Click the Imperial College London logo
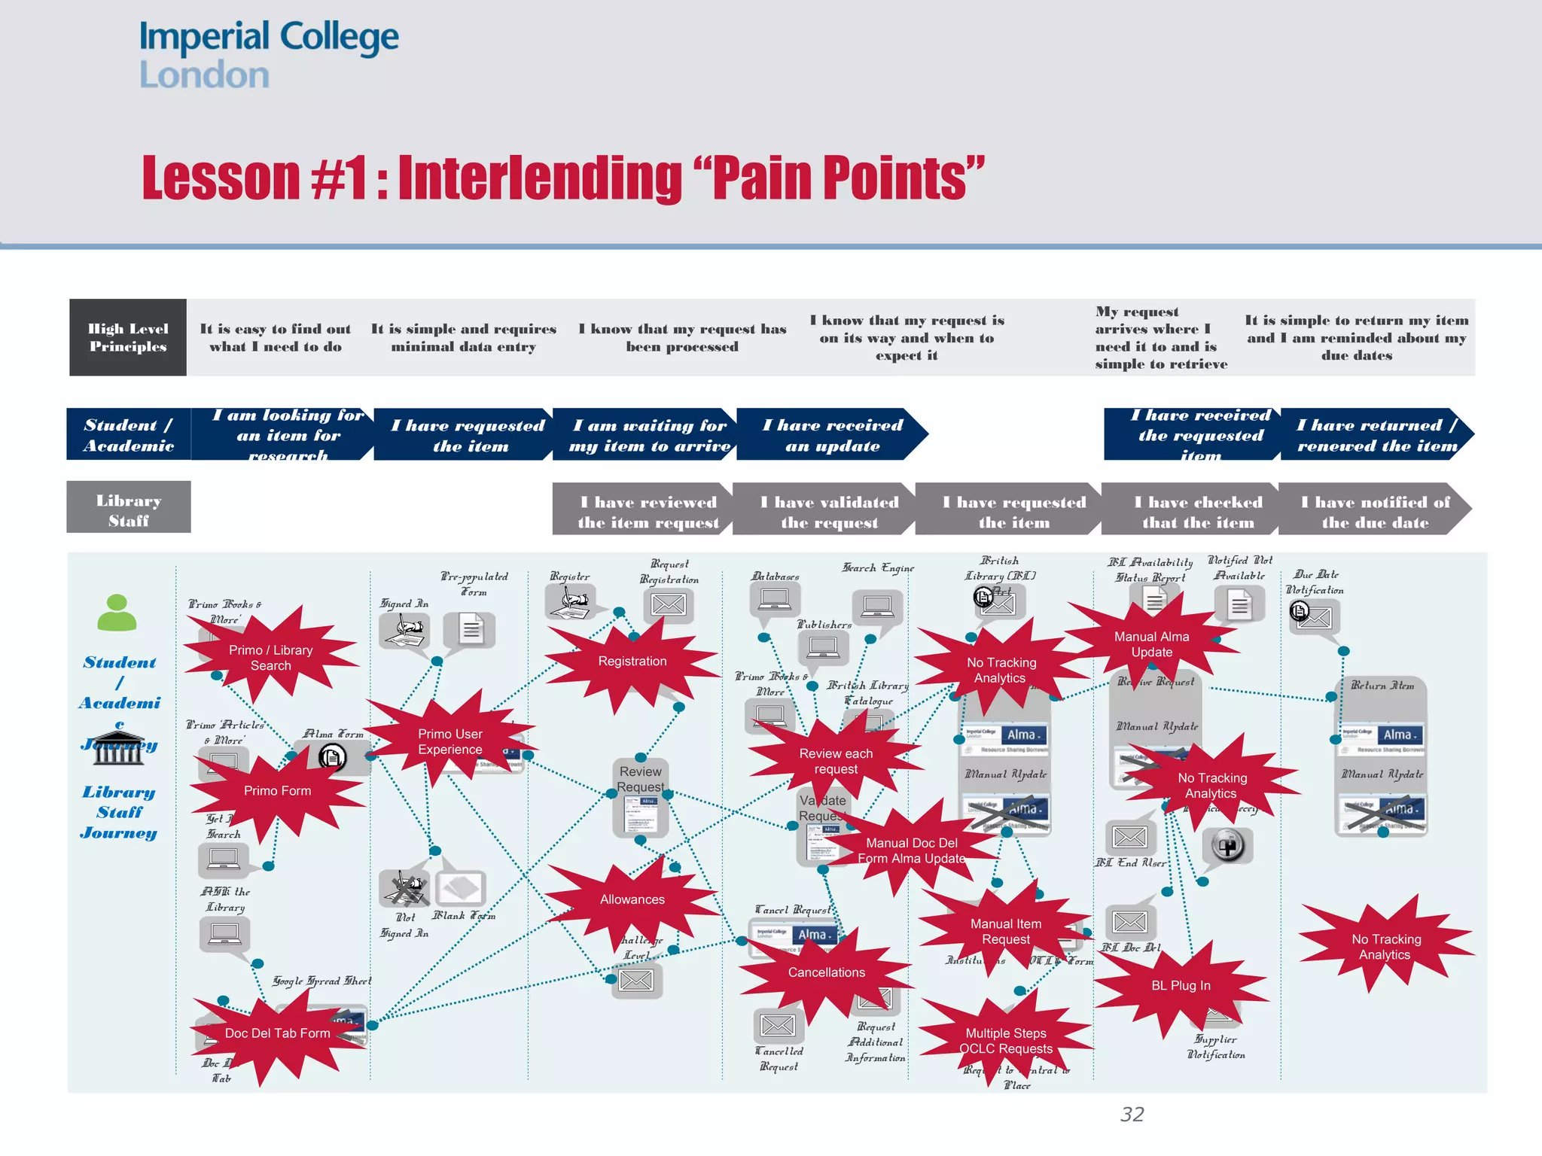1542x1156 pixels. point(268,54)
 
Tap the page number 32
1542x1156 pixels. point(1132,1114)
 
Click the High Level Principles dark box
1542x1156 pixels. point(128,338)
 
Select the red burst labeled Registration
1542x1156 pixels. point(632,662)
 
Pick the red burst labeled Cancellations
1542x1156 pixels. point(826,972)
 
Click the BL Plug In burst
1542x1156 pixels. point(1181,986)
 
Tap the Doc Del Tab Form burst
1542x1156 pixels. point(277,1033)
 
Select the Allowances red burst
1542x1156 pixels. point(632,899)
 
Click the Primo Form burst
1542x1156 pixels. point(277,791)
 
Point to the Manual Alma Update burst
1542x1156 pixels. point(1151,644)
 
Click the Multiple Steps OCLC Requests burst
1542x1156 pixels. point(1005,1041)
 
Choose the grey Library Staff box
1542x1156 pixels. point(129,510)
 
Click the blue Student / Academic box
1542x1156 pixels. point(129,435)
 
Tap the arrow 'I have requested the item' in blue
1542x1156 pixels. point(467,435)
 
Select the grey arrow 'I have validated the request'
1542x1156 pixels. point(828,512)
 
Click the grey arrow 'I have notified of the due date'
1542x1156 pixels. point(1374,512)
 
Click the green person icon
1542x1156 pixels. point(117,613)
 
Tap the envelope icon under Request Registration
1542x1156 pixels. point(668,605)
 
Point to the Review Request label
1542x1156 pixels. point(641,779)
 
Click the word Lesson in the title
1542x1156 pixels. point(221,178)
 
